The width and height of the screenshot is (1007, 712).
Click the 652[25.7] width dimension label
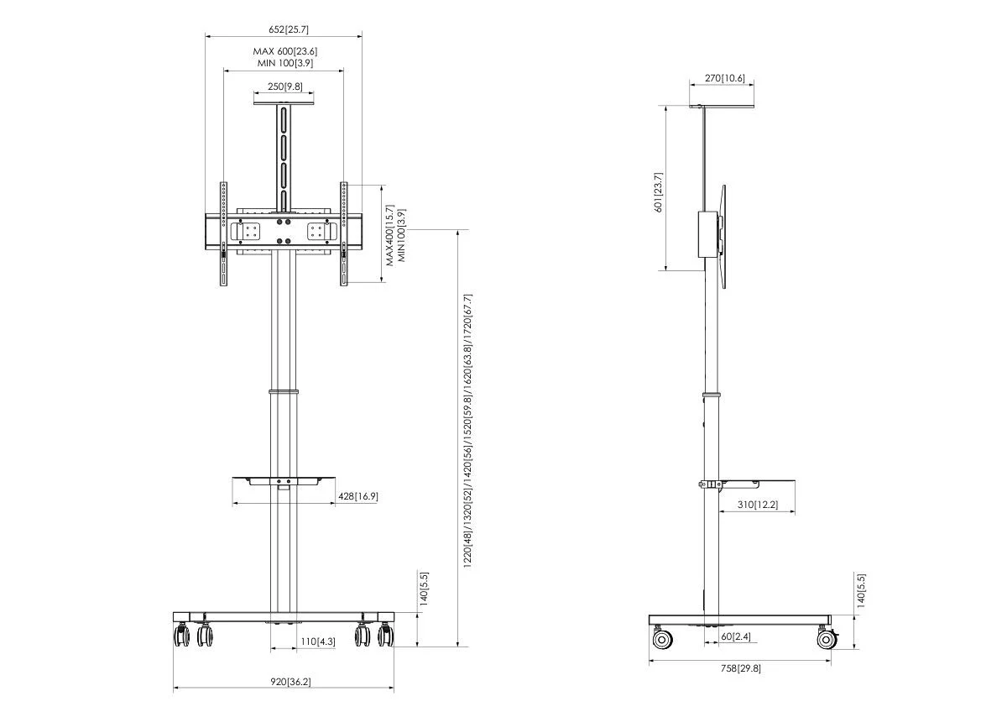coord(289,29)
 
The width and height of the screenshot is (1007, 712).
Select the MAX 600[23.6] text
coord(285,51)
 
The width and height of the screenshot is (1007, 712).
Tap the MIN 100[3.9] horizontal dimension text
coord(285,63)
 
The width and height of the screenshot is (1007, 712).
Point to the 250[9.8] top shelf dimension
coord(285,86)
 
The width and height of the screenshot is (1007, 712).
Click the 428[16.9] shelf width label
coord(357,496)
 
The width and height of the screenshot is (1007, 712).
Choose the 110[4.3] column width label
coord(318,641)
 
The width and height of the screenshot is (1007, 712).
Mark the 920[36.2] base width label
coord(290,682)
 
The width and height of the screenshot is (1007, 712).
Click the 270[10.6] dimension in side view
coord(725,78)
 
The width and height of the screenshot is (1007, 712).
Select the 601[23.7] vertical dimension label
coord(658,192)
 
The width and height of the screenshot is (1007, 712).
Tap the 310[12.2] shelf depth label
coord(758,505)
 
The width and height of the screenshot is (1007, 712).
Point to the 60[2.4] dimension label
coord(736,636)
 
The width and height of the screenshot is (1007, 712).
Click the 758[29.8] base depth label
coord(741,668)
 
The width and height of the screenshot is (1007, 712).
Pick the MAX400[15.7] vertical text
coord(389,235)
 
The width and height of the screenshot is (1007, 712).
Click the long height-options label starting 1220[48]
coord(467,431)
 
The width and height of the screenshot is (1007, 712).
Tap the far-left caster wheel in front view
coord(181,636)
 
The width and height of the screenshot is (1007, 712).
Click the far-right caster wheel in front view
coord(386,635)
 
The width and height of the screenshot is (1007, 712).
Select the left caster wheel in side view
coord(662,639)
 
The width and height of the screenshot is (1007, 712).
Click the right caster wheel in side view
coord(827,639)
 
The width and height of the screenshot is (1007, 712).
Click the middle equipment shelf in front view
coord(284,480)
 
